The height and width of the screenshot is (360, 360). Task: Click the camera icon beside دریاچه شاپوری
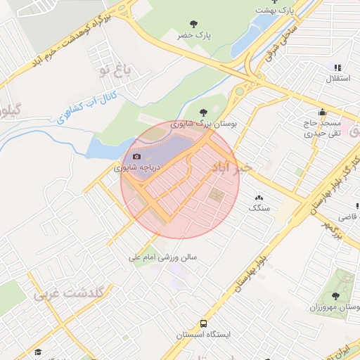tap(136, 156)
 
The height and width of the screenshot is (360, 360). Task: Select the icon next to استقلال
tap(337, 67)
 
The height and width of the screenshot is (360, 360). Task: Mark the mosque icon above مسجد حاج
tap(323, 112)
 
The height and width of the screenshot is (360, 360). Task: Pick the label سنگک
tap(258, 209)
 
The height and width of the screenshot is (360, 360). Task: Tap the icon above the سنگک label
tap(258, 198)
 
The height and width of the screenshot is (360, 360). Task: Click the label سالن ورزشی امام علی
tap(163, 258)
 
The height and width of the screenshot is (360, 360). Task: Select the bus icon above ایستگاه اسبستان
tap(203, 324)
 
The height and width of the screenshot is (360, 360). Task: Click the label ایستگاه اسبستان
tap(203, 337)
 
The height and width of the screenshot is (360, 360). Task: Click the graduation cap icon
tap(39, 351)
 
